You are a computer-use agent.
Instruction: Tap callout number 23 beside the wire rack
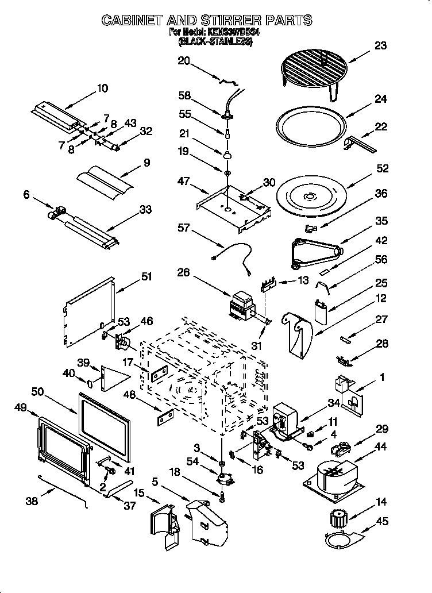tap(380, 47)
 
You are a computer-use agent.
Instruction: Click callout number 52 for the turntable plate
tap(382, 168)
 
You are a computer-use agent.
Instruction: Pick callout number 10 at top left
tap(102, 88)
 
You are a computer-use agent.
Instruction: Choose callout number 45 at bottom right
tap(382, 522)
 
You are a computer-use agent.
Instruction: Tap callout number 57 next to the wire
tap(183, 228)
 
